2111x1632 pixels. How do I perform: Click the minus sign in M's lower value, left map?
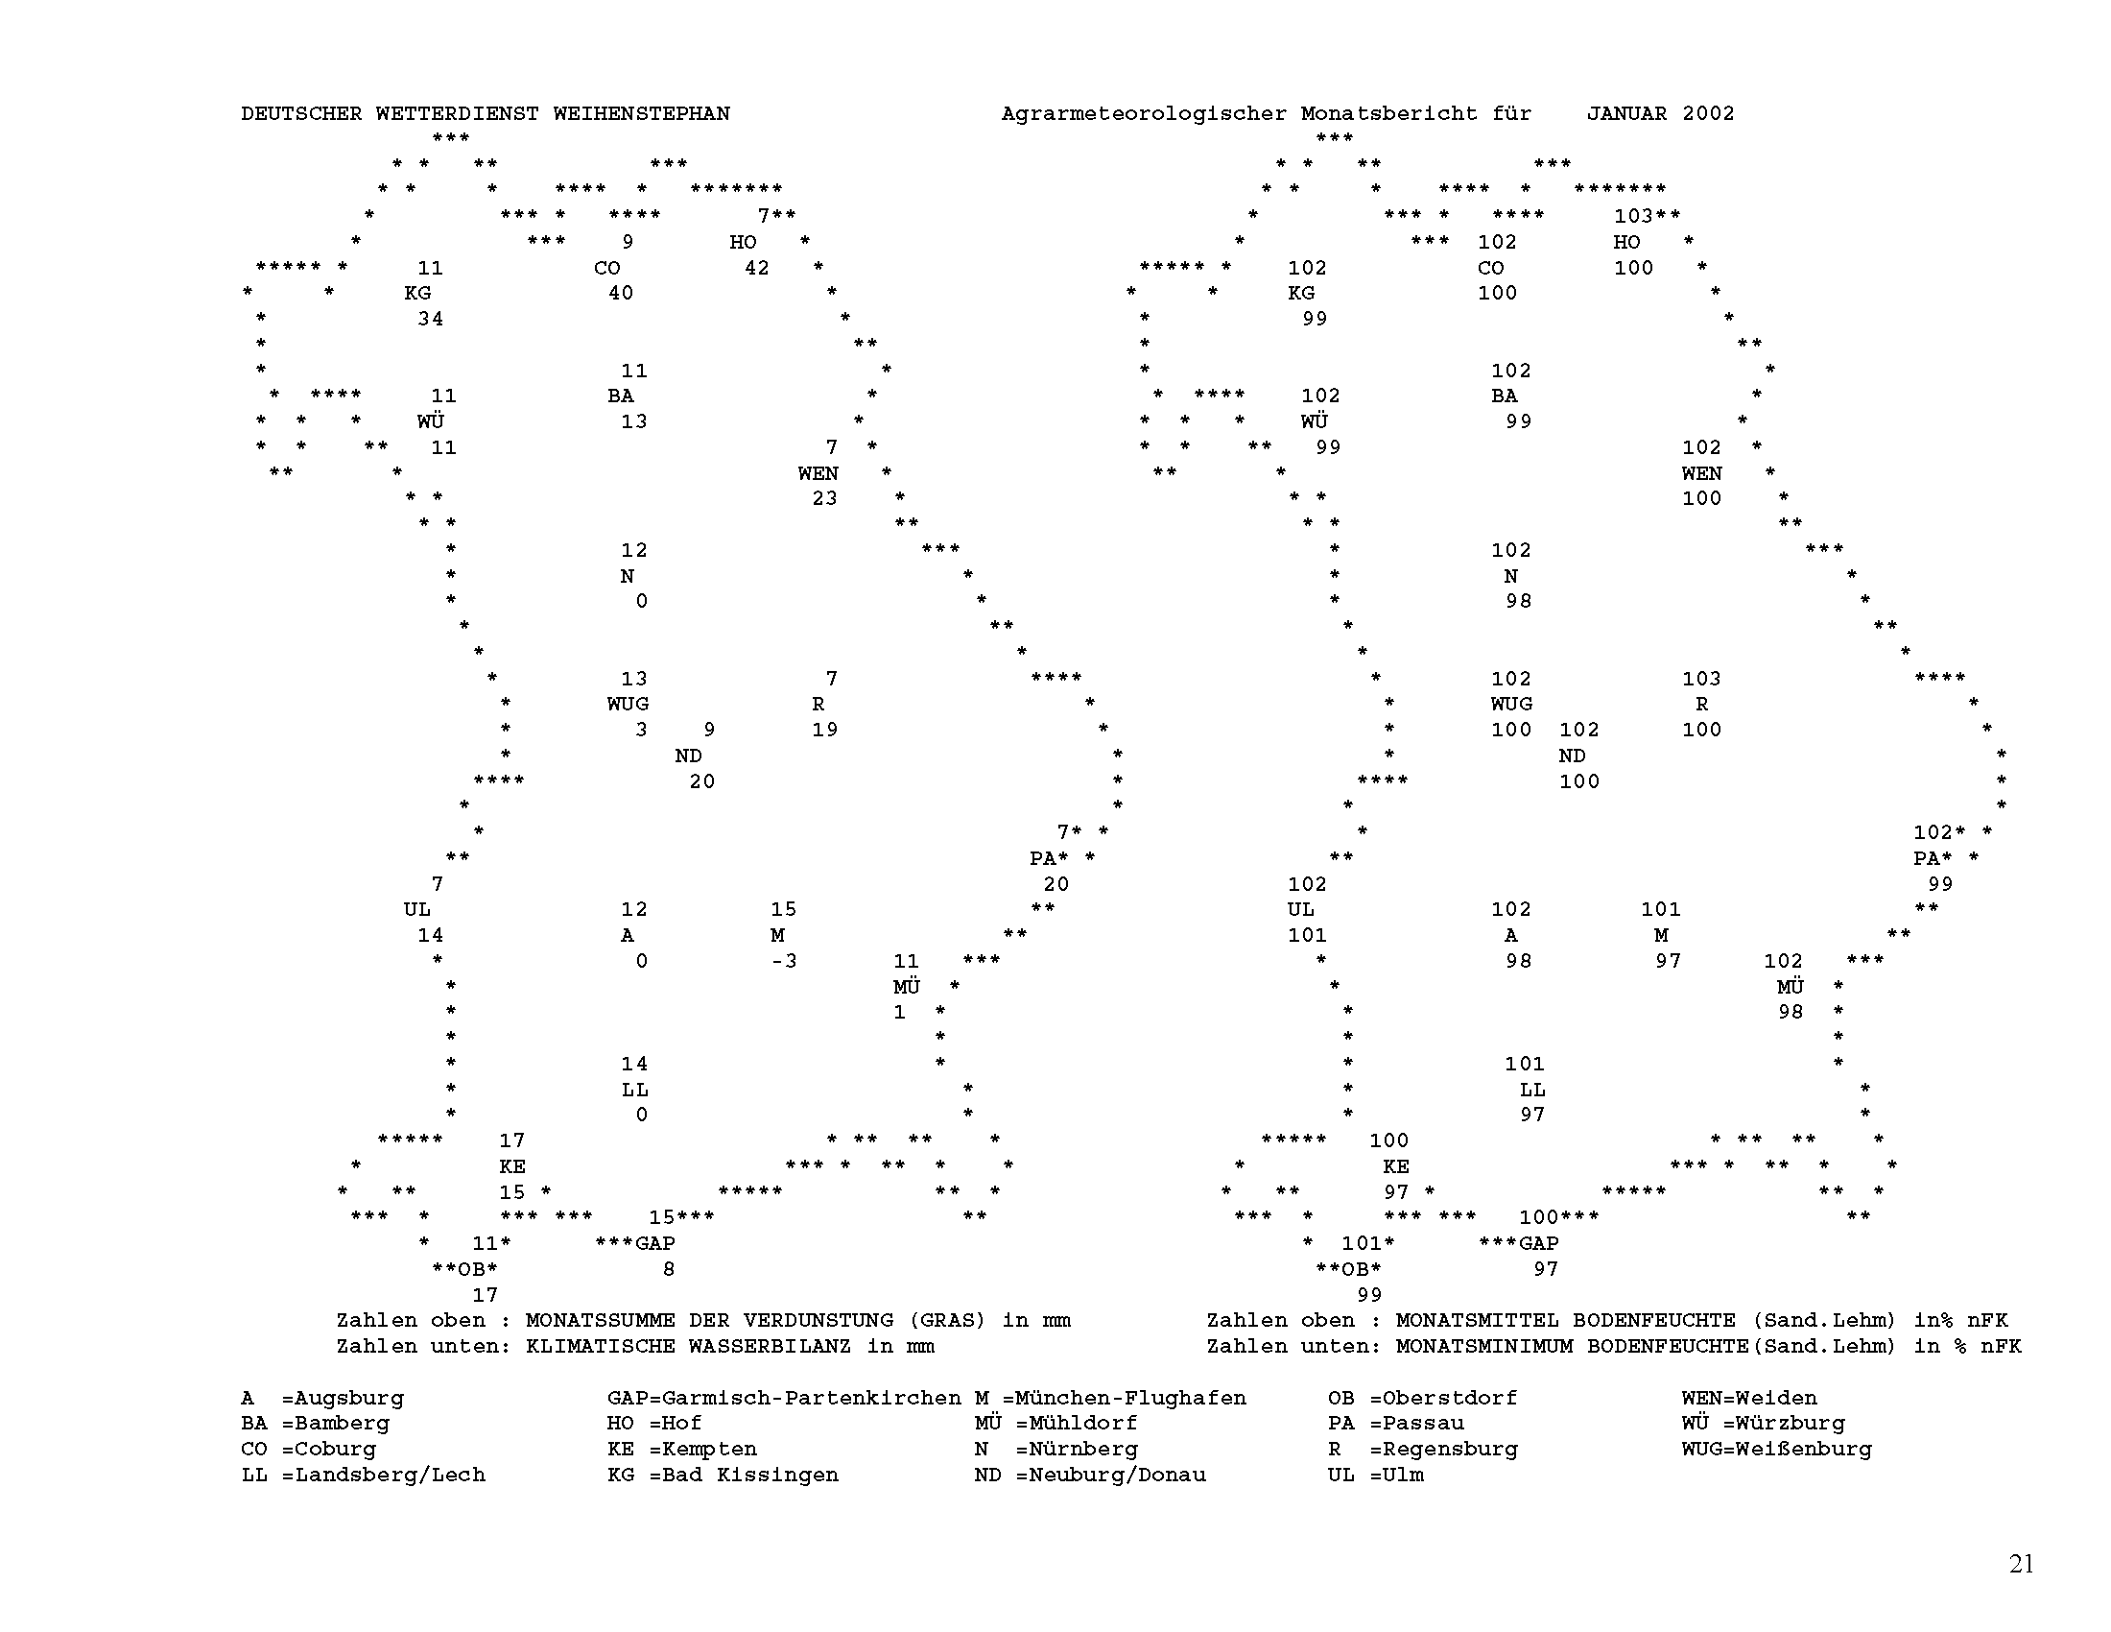click(x=777, y=961)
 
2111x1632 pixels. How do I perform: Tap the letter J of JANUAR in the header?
click(x=1593, y=114)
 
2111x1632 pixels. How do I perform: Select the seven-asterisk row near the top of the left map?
click(x=737, y=188)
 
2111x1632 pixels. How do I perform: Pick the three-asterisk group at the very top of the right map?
click(x=1335, y=137)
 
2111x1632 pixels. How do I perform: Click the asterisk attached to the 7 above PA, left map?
click(x=1077, y=831)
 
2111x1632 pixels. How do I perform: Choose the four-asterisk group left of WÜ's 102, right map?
click(x=1220, y=395)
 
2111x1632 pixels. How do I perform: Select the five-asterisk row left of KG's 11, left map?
click(x=289, y=266)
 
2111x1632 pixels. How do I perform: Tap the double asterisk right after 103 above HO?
click(x=1668, y=215)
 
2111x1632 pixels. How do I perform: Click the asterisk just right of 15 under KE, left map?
click(x=546, y=1191)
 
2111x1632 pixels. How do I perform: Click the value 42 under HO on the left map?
click(x=757, y=268)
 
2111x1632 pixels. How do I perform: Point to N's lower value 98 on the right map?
click(x=1519, y=601)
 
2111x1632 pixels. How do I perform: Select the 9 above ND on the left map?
click(x=709, y=730)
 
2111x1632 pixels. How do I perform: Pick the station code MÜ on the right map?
click(x=1791, y=986)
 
